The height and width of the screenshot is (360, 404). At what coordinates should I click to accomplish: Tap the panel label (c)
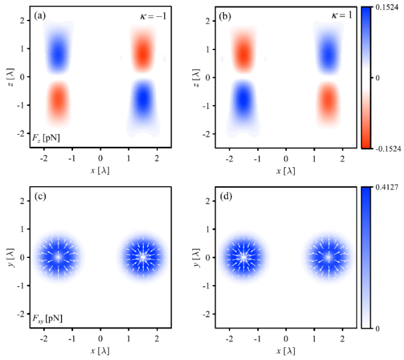tap(41, 198)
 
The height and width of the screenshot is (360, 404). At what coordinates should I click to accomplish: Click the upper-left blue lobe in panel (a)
tap(58, 52)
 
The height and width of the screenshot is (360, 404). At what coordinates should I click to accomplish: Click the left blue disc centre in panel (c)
tap(58, 257)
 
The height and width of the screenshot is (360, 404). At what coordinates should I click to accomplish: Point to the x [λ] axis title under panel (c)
tap(100, 350)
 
